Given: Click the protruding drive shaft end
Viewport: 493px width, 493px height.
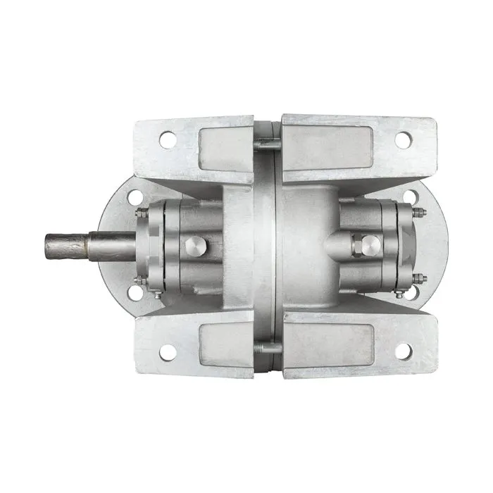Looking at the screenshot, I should [x=67, y=244].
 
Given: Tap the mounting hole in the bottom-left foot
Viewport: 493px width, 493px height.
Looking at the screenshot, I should [x=168, y=350].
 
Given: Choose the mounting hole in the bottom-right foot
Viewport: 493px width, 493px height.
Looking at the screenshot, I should [x=402, y=350].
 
